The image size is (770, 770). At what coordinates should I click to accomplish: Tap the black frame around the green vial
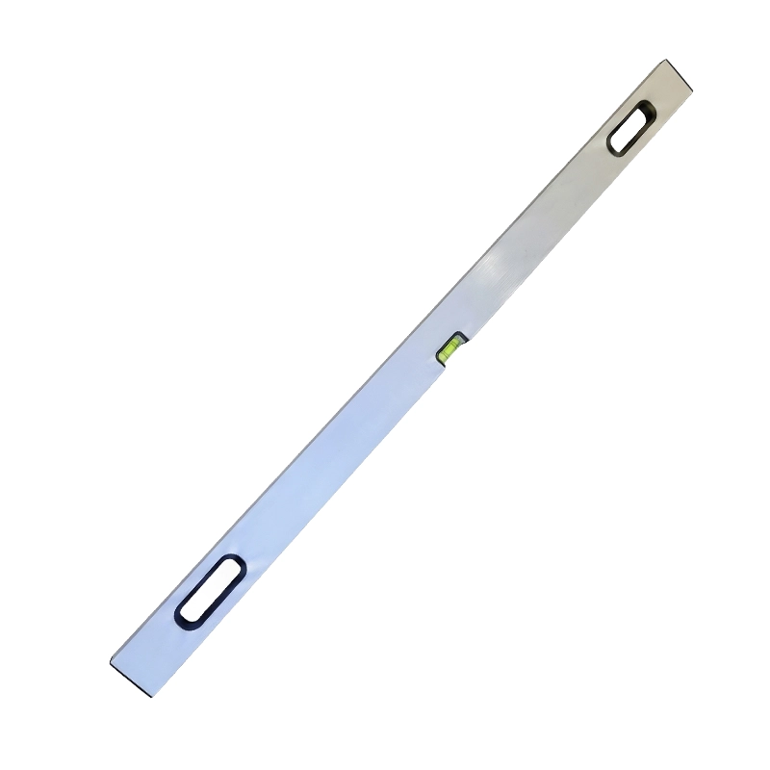(457, 337)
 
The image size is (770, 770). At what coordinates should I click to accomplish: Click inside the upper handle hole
(630, 128)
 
